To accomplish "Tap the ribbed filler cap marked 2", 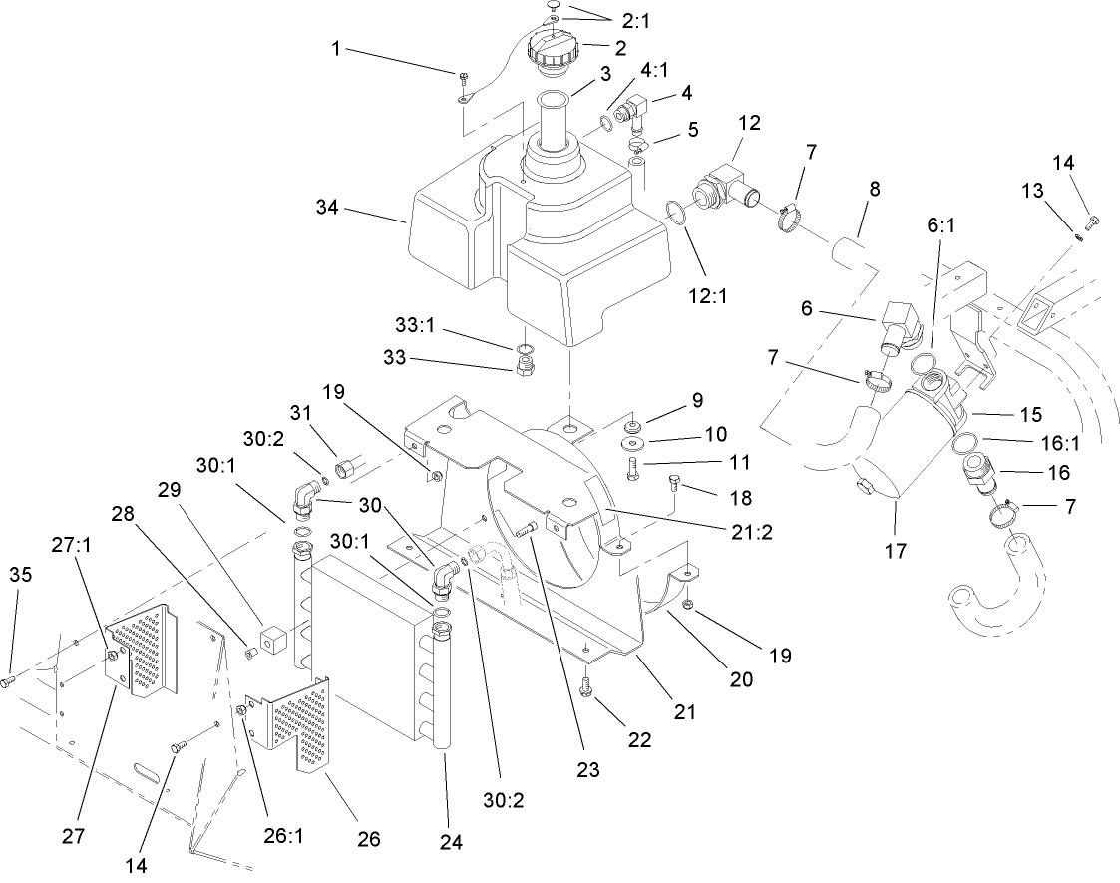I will [x=552, y=48].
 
